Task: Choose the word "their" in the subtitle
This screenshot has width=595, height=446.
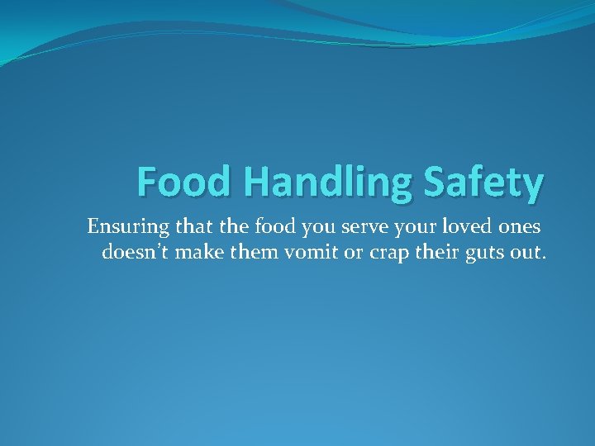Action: (440, 251)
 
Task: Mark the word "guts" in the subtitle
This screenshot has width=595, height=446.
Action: (488, 253)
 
